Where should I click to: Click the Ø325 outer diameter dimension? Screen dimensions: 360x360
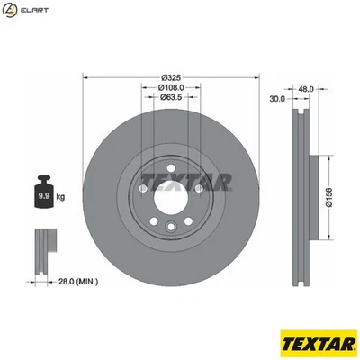[171, 77]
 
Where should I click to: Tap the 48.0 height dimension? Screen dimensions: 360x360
[305, 88]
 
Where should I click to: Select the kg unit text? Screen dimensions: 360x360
[61, 194]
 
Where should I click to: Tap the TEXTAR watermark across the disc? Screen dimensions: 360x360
[186, 183]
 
